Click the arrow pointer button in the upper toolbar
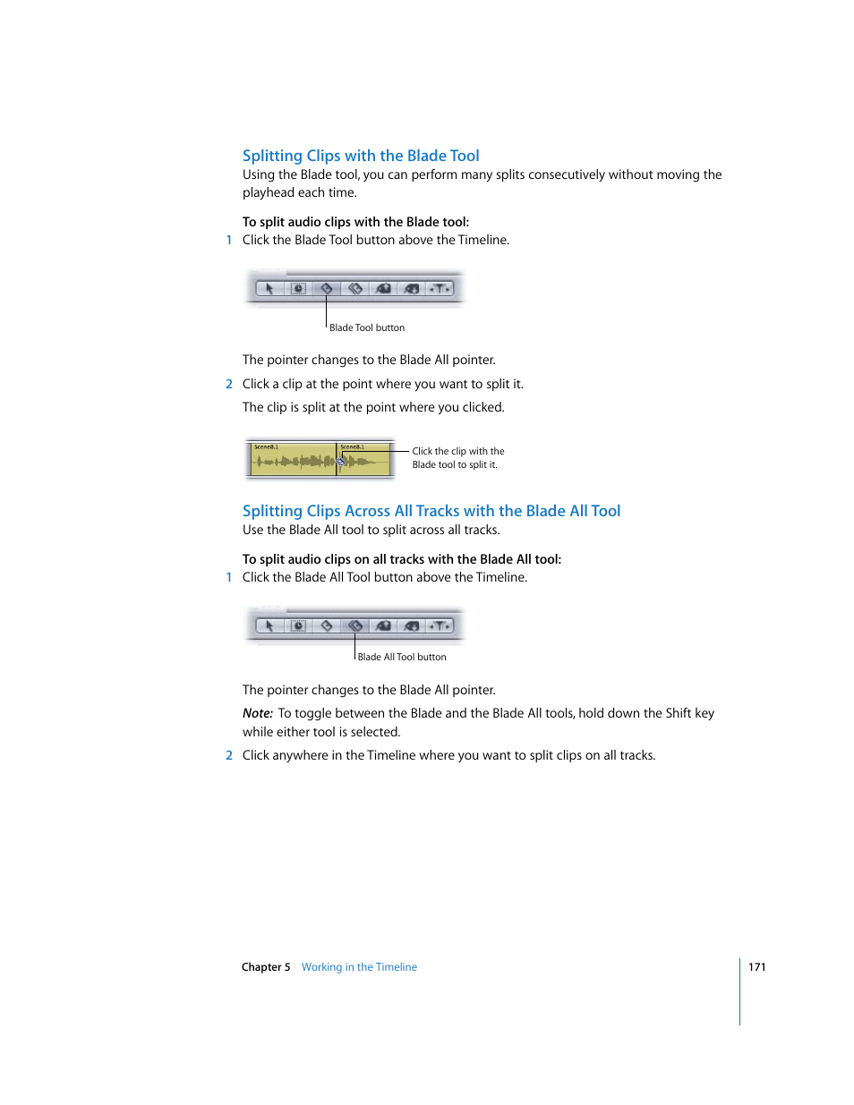269,289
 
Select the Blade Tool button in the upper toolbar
327,289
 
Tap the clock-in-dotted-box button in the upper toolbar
298,289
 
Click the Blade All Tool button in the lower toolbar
355,626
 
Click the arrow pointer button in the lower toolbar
269,626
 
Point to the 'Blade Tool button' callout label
367,328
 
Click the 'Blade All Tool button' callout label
402,658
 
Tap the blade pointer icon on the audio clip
340,462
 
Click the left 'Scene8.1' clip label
266,446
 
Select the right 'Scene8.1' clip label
352,446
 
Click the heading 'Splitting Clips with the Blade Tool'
361,156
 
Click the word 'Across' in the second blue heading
367,511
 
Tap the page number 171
756,967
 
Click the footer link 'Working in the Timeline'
359,967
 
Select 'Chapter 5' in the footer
266,967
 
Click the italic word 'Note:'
258,714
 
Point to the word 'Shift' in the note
678,714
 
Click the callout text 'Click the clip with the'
458,452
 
